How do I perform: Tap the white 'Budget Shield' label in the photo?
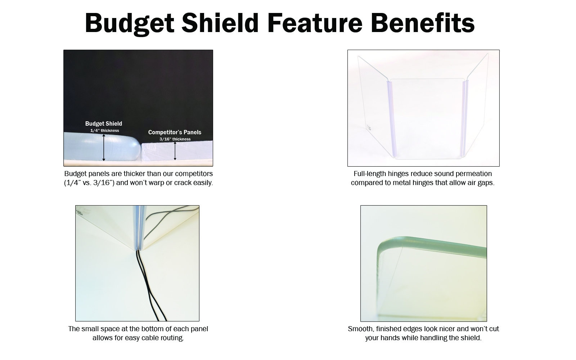104,124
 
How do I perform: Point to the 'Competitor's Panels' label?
175,132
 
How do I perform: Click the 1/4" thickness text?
104,130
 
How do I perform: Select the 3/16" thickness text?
175,139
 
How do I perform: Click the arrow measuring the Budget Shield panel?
104,147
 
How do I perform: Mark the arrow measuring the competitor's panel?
175,151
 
